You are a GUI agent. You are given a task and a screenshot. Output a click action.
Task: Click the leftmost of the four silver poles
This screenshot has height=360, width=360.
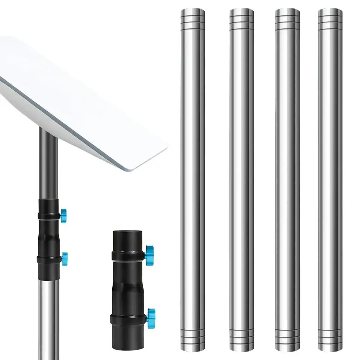(x=192, y=180)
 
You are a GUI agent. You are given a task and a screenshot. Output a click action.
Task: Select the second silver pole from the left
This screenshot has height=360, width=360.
(x=242, y=180)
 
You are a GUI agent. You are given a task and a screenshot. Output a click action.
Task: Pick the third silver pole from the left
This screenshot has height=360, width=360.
(x=287, y=180)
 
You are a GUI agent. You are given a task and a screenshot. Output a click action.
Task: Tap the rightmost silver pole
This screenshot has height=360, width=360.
(x=330, y=180)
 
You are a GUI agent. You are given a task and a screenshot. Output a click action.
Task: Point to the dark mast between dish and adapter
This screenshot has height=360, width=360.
(x=48, y=162)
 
